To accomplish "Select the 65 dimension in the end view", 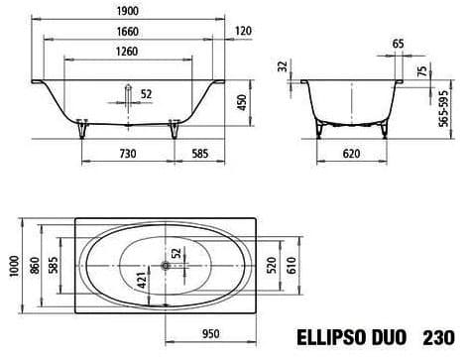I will click(x=371, y=45).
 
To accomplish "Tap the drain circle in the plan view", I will click(x=164, y=265).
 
